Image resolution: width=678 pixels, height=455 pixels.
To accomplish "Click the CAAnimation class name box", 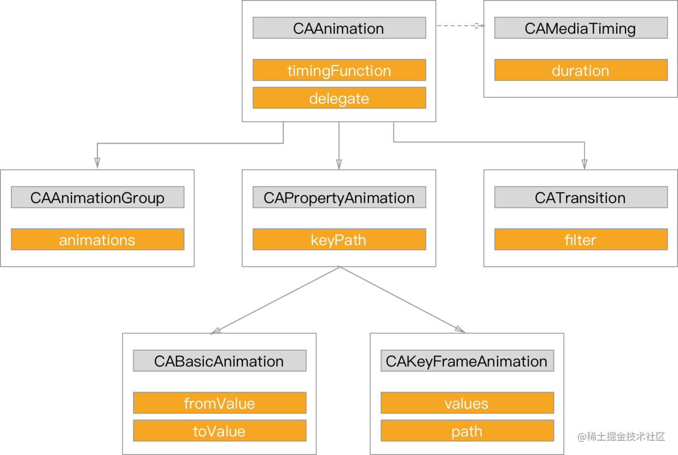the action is point(340,28).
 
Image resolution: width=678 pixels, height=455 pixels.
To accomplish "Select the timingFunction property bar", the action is point(340,70).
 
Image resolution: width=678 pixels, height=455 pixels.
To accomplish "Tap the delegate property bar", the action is point(340,98).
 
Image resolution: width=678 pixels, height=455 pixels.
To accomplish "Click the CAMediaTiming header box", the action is point(581,28).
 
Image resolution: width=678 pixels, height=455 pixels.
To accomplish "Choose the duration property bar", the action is point(581,70).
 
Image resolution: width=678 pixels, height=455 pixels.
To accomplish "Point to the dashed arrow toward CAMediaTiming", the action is point(461,26).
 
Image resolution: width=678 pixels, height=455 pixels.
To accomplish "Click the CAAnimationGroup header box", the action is point(97,197).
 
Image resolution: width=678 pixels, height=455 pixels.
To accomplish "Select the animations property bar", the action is point(97,239).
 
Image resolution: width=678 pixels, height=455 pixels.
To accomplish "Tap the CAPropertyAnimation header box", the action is point(340,197).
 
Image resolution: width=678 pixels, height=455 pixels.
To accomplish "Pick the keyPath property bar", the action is point(340,239).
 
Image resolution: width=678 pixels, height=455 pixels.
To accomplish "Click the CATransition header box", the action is point(581,197).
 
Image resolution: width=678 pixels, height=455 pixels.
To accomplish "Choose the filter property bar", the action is point(581,239).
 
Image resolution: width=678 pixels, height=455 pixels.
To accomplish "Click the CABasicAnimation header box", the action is point(220,360).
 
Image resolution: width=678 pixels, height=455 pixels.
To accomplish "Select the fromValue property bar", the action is point(220,402).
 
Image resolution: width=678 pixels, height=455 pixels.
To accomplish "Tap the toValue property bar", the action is point(220,430).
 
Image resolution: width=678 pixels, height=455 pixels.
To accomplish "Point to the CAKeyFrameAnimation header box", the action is point(467,360).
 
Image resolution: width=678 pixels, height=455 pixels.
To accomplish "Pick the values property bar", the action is point(467,402).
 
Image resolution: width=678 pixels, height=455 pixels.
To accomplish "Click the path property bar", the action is point(467,430).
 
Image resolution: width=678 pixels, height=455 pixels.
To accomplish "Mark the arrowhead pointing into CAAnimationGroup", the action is point(97,163).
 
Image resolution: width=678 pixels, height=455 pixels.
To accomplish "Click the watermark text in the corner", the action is point(621,436).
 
